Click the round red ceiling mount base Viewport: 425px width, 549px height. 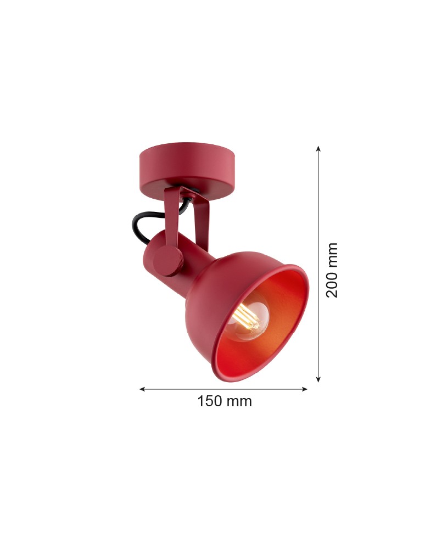point(187,167)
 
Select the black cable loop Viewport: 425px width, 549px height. point(141,226)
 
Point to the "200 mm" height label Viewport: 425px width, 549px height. point(332,270)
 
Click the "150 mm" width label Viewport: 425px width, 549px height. point(224,401)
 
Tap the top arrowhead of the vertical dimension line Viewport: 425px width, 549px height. point(318,148)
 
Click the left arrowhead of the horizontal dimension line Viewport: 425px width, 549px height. point(142,389)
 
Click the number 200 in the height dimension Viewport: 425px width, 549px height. point(332,283)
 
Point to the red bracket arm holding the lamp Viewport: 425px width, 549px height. point(175,220)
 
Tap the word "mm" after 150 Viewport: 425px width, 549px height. point(240,401)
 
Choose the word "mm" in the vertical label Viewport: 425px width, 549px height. point(332,254)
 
